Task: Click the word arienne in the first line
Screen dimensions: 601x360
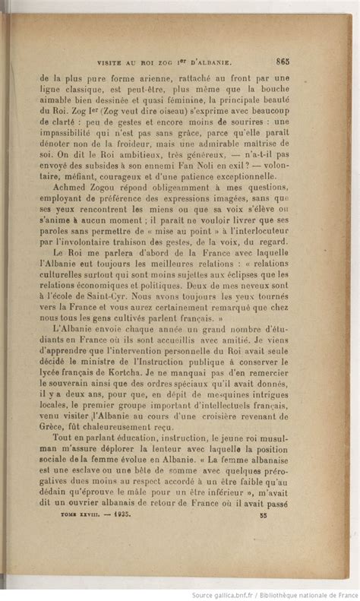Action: [x=156, y=77]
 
